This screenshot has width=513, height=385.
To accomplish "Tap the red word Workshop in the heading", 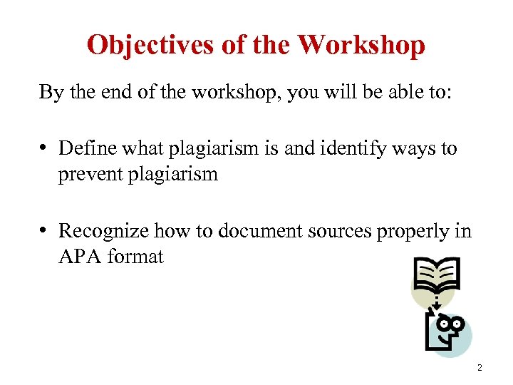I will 361,45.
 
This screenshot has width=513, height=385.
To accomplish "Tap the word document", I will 235,230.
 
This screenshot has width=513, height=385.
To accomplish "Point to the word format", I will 135,256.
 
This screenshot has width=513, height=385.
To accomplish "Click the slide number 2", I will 480,368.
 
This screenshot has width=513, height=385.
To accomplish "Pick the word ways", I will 414,148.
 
